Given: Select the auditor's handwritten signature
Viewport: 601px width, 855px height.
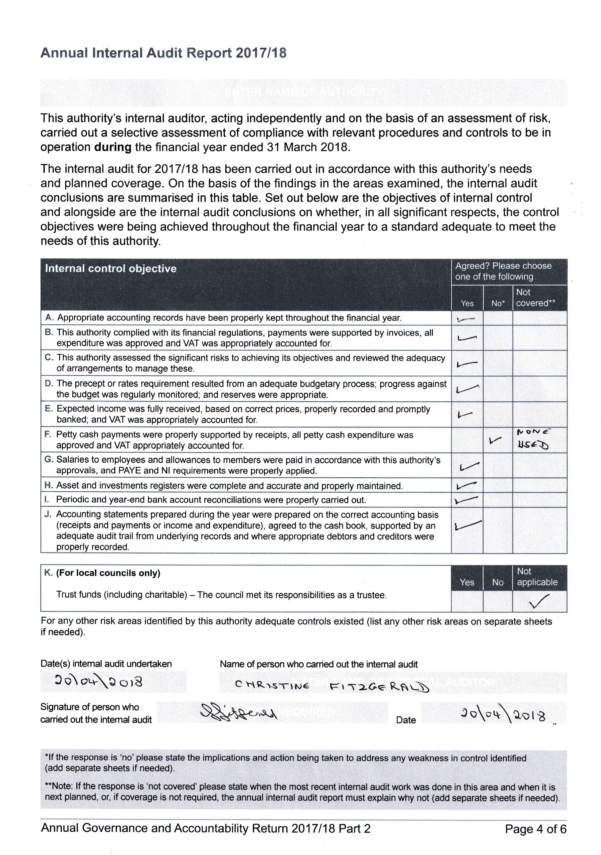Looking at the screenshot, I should pos(238,712).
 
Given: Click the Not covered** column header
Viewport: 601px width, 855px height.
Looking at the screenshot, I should pos(535,298).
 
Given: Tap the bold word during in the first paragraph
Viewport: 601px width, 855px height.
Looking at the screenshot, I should pos(113,147).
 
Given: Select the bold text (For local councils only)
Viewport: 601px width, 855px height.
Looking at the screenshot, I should pos(108,573).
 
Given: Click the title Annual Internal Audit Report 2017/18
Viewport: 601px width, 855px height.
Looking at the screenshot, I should pos(163,53).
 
